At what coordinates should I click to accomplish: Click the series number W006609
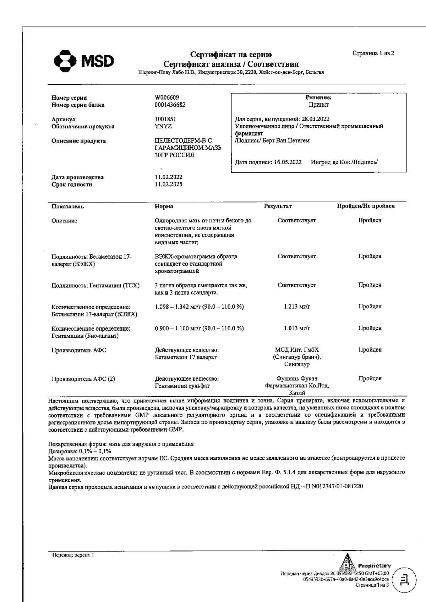pos(167,98)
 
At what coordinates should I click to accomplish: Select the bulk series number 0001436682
pos(170,105)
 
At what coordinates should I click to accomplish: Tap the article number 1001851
pos(165,119)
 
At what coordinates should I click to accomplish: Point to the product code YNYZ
pos(163,126)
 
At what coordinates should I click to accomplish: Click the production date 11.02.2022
pos(169,177)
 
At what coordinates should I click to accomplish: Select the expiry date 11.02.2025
pos(169,184)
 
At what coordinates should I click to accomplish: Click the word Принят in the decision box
pos(318,105)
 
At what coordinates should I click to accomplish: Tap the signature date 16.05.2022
pos(288,162)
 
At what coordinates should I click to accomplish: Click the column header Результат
pos(278,206)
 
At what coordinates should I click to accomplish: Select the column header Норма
pos(164,206)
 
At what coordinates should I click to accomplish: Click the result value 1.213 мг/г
pos(297,306)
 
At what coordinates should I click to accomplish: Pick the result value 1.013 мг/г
pos(297,328)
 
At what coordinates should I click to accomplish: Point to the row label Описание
pos(64,221)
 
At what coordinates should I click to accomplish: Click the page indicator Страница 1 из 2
pos(373,53)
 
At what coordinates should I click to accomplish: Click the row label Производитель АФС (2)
pos(83,379)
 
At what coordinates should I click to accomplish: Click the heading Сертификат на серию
pos(231,54)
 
